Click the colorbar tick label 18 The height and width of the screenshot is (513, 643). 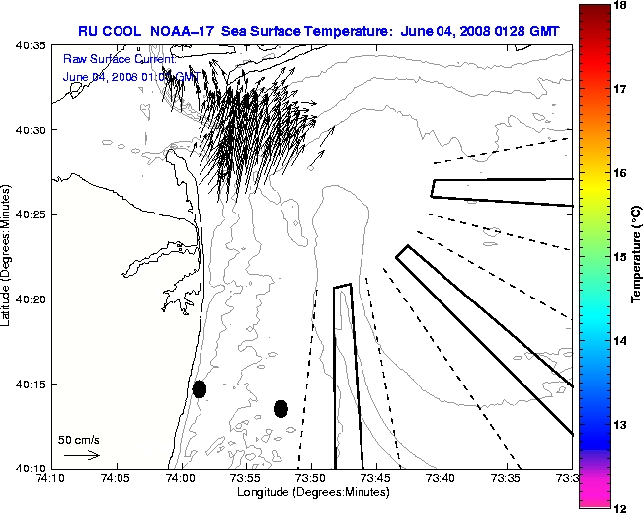tap(621, 6)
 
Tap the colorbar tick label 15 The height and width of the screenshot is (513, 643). tap(621, 257)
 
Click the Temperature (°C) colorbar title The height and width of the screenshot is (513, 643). tap(638, 257)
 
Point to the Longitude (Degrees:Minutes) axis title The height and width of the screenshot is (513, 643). tap(311, 492)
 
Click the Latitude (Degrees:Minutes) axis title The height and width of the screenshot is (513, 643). tap(8, 257)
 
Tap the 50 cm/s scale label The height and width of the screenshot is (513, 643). tap(79, 439)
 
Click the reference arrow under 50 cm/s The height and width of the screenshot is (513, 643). tap(81, 455)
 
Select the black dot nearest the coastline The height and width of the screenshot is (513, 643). tap(200, 388)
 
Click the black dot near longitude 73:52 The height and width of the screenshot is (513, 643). tap(281, 408)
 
